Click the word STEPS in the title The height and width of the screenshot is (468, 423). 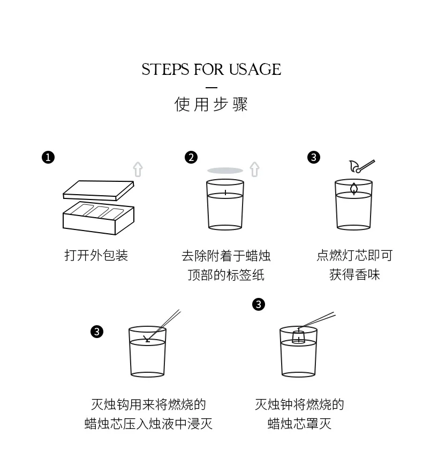165,69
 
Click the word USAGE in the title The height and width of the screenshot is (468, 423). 255,69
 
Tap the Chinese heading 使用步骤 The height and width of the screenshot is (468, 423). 211,104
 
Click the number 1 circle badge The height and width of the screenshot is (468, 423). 48,157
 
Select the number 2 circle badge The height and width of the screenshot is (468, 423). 191,157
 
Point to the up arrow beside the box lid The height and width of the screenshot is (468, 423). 138,169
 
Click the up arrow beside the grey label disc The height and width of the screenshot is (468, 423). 254,169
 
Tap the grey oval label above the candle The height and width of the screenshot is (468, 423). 225,171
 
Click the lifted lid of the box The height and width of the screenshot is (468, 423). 99,190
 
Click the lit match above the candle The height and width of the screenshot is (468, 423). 362,166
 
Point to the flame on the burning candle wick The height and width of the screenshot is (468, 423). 354,189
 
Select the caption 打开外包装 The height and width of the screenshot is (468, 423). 96,255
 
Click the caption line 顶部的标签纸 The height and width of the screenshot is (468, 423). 226,275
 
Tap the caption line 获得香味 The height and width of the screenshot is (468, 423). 354,274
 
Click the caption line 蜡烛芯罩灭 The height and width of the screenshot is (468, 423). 300,424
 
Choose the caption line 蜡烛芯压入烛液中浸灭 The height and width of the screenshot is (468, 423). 148,424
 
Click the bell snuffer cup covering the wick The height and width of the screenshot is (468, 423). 298,336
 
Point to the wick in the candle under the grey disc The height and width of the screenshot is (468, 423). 225,193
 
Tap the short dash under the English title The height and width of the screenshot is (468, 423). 211,88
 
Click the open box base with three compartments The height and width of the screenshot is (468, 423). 99,218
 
